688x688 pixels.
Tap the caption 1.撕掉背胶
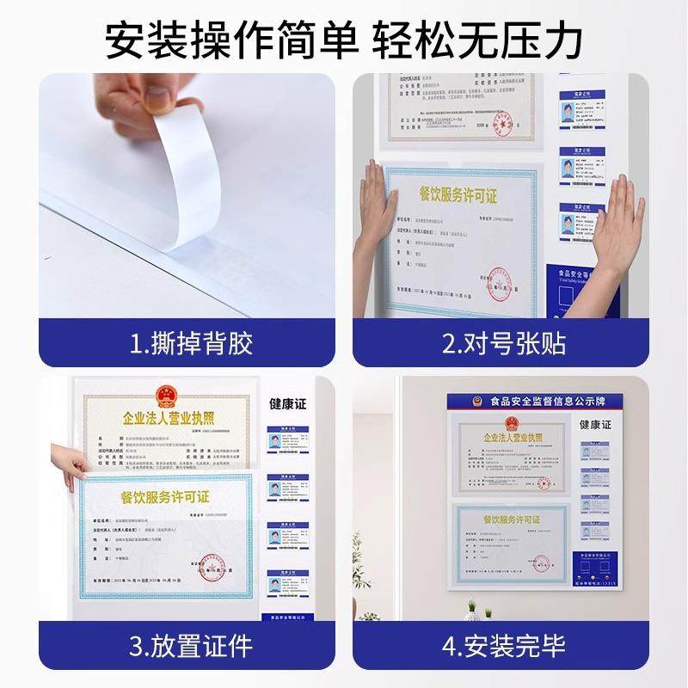pos(191,345)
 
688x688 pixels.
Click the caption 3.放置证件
pos(191,644)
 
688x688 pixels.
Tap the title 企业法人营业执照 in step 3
pos(164,422)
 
